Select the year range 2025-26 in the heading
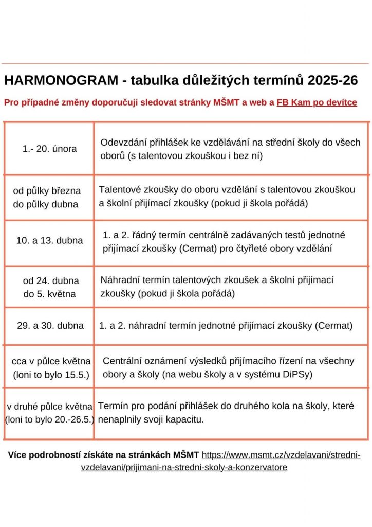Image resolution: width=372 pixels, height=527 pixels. click(x=333, y=81)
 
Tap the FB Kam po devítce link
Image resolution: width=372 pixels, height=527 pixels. click(x=317, y=102)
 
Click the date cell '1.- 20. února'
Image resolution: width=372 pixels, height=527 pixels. click(x=49, y=149)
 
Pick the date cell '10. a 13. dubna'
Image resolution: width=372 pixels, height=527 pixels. click(x=49, y=240)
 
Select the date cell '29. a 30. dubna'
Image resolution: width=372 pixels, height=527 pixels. click(x=50, y=325)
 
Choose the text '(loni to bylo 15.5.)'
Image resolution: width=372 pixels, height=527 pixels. click(x=51, y=375)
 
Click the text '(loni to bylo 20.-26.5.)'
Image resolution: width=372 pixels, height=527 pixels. click(x=49, y=419)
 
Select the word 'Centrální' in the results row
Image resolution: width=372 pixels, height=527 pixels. click(x=122, y=361)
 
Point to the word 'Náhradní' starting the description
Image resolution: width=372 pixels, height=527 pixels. click(x=119, y=280)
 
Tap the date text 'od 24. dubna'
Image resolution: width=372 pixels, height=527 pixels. click(x=51, y=281)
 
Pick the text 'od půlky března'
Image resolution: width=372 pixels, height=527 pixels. click(x=47, y=191)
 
